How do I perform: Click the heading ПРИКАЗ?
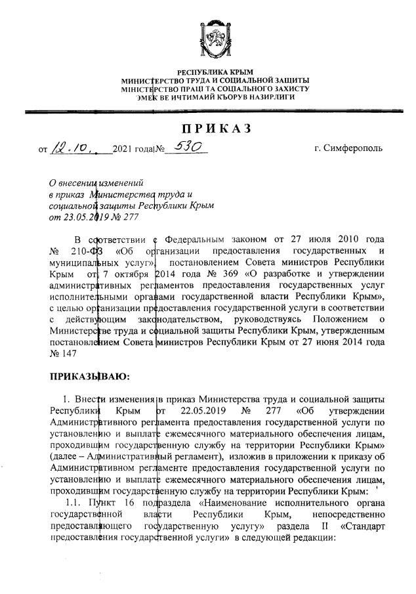coord(216,129)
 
